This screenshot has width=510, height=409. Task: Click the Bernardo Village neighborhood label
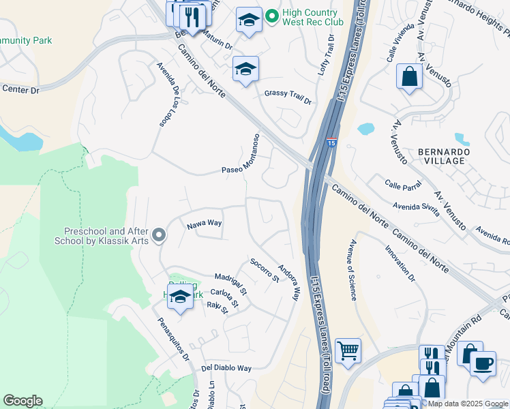(x=441, y=155)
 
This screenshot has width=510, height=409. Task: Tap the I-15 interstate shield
(x=331, y=142)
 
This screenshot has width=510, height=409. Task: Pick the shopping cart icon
(x=348, y=352)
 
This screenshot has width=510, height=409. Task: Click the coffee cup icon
(x=483, y=363)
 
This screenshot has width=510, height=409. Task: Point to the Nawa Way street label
(x=205, y=224)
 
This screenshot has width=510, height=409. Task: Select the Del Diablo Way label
(x=226, y=367)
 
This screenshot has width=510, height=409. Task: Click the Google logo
(x=22, y=401)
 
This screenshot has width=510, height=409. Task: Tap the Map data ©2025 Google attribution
(x=468, y=404)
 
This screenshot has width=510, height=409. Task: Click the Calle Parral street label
(x=402, y=184)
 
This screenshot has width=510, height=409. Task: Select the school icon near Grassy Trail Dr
(x=245, y=69)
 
